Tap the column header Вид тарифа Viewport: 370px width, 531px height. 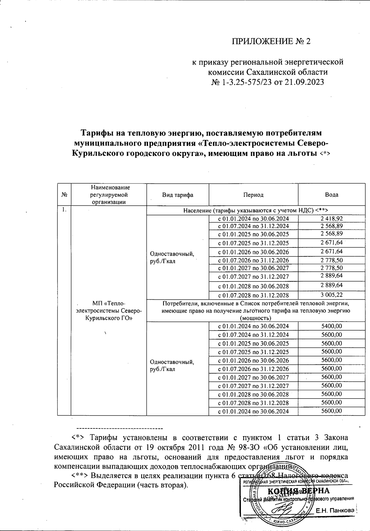[178, 195]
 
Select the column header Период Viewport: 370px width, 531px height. [253, 195]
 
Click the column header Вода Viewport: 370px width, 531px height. [331, 195]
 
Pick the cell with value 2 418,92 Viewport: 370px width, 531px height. [331, 219]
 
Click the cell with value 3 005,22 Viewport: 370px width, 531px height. [331, 295]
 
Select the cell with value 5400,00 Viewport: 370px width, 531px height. [331, 326]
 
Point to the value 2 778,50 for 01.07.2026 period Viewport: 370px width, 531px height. [331, 260]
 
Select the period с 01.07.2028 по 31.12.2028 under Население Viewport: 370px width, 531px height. [253, 295]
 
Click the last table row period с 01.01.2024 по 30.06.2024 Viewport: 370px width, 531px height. [253, 411]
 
